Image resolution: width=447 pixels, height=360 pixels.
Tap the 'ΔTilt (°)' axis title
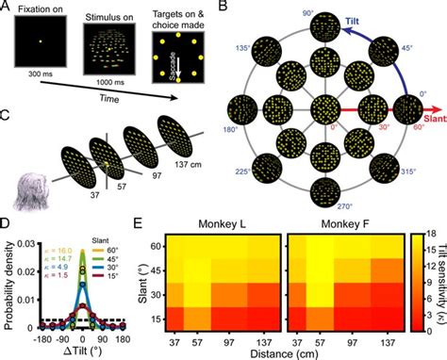(x=83, y=352)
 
